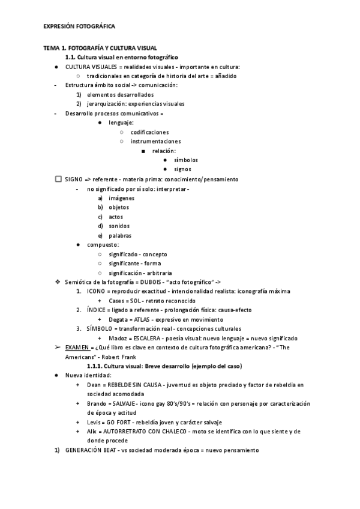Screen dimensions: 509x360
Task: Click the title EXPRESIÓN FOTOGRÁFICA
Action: coord(79,27)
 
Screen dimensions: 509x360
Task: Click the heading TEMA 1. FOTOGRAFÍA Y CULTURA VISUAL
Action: coord(100,47)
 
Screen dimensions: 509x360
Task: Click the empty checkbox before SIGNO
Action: coord(58,179)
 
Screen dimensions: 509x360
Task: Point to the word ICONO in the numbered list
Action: coord(96,291)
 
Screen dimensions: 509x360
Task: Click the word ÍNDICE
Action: coord(96,310)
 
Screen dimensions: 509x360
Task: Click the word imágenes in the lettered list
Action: coord(121,198)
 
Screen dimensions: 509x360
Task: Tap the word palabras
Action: coord(120,235)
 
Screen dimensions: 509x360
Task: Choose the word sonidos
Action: coord(119,226)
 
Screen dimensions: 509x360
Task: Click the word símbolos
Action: coord(186,160)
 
